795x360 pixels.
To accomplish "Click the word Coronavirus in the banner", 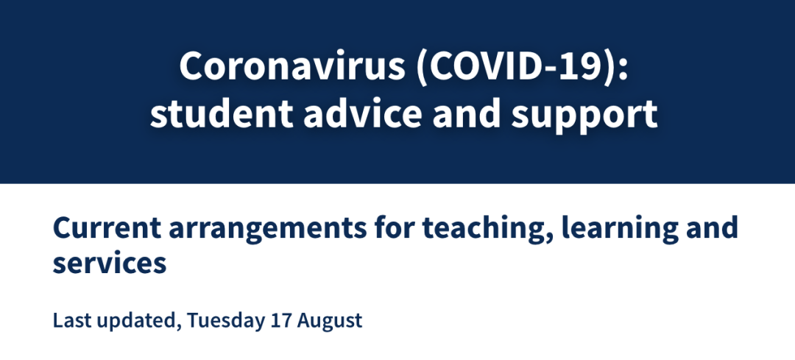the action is pyautogui.click(x=292, y=66).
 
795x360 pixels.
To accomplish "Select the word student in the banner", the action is pyautogui.click(x=222, y=113).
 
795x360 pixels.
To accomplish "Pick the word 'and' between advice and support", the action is pyautogui.click(x=467, y=113).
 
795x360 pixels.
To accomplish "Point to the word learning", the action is pyautogui.click(x=620, y=230).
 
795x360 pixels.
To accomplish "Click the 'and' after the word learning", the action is pyautogui.click(x=712, y=227).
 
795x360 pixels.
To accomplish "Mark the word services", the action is pyautogui.click(x=110, y=263).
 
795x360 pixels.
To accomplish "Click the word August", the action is pyautogui.click(x=330, y=322).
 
